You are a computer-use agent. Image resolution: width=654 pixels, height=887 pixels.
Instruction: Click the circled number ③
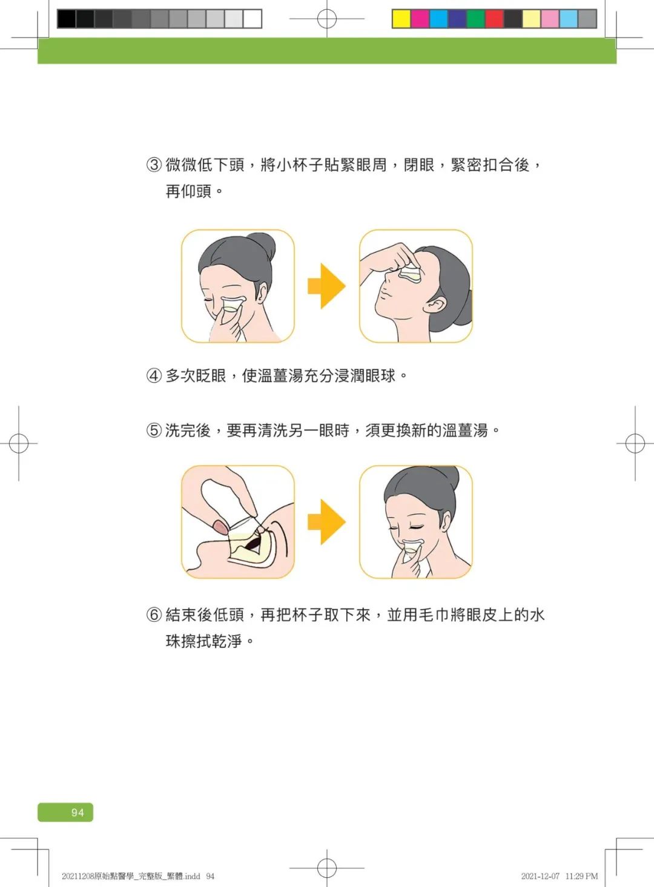click(x=154, y=165)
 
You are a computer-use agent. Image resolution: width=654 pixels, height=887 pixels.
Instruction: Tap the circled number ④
click(x=154, y=376)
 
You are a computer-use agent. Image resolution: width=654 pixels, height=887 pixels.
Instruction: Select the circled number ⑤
click(x=154, y=430)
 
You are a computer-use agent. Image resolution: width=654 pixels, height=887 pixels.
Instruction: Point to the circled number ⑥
click(x=154, y=615)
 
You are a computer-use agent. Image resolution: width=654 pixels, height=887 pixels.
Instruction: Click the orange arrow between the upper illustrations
click(x=326, y=286)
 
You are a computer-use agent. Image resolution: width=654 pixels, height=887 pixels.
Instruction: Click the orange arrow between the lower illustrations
click(x=326, y=522)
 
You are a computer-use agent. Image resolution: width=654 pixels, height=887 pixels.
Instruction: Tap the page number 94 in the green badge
click(x=78, y=813)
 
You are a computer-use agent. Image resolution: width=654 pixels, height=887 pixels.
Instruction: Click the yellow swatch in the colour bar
click(x=401, y=19)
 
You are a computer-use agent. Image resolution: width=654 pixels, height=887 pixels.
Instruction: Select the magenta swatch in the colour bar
click(x=420, y=19)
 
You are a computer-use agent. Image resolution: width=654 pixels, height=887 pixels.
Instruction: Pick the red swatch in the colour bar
click(x=494, y=19)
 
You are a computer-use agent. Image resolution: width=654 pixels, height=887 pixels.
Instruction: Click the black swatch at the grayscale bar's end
click(x=67, y=19)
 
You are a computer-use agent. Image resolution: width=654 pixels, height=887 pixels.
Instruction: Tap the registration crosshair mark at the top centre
click(x=327, y=19)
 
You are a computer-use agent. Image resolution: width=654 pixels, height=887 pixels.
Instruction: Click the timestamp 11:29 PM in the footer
click(x=581, y=876)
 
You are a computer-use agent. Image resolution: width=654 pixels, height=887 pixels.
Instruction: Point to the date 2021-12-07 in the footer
click(x=540, y=876)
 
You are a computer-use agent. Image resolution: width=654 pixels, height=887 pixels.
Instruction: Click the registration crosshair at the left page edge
click(x=19, y=444)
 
